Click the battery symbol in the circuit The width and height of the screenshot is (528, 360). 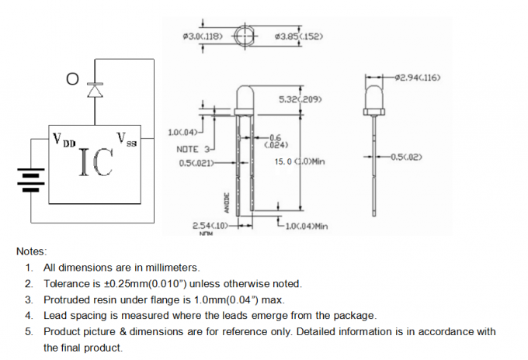click(29, 181)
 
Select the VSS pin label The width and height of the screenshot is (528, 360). click(126, 140)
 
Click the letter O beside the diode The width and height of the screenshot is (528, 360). click(73, 78)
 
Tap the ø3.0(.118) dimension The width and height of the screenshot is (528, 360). click(201, 36)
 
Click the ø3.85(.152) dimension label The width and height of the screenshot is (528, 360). click(298, 36)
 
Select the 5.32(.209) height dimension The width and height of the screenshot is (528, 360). click(300, 99)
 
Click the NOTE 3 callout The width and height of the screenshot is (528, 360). click(193, 149)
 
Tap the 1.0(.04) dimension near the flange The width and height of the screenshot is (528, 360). click(182, 133)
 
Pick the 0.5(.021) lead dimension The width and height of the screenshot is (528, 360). click(196, 163)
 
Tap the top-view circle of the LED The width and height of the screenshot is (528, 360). click(245, 36)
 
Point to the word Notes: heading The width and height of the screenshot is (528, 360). click(31, 251)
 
